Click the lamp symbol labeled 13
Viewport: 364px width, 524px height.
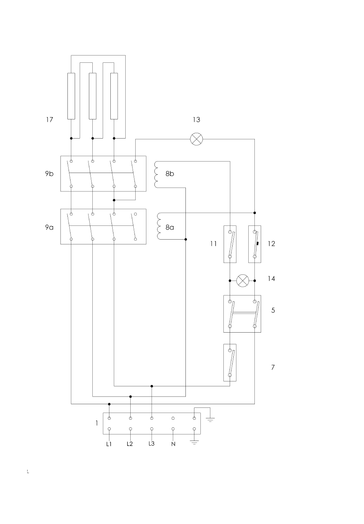coord(196,139)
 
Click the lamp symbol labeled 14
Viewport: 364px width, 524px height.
coord(243,281)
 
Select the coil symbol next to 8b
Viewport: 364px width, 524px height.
coord(156,174)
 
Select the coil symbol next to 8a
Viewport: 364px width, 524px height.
coord(159,226)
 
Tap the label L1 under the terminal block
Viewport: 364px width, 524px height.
coord(109,444)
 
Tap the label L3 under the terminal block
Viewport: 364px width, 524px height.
coord(151,444)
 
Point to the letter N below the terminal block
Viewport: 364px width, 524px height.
coord(173,444)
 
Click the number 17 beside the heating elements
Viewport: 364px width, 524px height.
coord(49,119)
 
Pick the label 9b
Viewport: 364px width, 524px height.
coord(49,173)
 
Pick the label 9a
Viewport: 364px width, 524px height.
coord(49,227)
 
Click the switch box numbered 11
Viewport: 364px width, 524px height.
coord(230,244)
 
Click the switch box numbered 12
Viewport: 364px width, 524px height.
coord(255,244)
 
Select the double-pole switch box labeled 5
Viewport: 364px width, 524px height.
coord(242,314)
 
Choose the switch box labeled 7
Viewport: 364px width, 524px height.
coord(230,362)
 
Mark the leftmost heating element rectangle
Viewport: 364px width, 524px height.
coord(71,96)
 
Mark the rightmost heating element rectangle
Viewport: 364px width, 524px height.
coord(114,96)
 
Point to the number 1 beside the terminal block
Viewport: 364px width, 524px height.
coord(97,423)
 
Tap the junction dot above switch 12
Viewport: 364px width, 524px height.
coord(255,213)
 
